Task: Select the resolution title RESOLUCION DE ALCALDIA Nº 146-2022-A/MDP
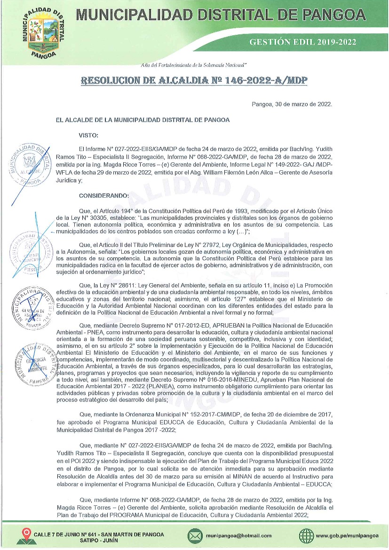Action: [x=194, y=80]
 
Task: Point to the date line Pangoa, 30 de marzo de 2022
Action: [x=292, y=104]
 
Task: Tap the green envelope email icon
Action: [x=194, y=535]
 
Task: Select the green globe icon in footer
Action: [x=306, y=535]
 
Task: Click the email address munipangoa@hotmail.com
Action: [x=238, y=535]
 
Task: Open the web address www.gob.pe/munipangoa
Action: [x=347, y=535]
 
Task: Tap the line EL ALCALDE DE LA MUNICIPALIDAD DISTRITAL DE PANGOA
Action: [x=143, y=120]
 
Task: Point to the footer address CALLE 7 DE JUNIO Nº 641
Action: [x=99, y=535]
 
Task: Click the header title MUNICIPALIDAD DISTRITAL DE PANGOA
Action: [x=221, y=15]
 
